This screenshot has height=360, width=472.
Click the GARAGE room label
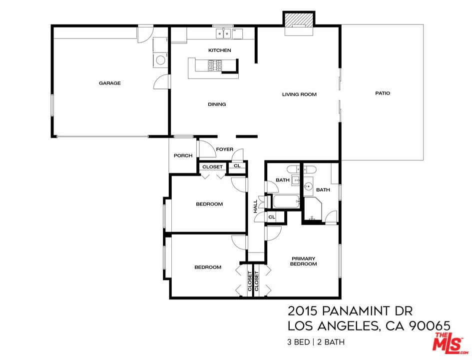pyautogui.click(x=109, y=83)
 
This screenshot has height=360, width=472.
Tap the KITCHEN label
pyautogui.click(x=219, y=50)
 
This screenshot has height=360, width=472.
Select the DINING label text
pyautogui.click(x=217, y=104)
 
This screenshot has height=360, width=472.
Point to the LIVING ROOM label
pyautogui.click(x=299, y=94)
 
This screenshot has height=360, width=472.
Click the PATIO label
pyautogui.click(x=383, y=93)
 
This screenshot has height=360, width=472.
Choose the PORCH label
pyautogui.click(x=183, y=156)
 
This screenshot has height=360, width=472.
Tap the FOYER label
pyautogui.click(x=224, y=149)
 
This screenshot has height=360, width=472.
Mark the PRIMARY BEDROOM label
pyautogui.click(x=304, y=261)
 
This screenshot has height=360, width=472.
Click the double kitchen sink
pyautogui.click(x=223, y=33)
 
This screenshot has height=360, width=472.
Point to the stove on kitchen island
pyautogui.click(x=214, y=65)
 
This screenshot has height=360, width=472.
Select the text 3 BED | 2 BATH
pyautogui.click(x=315, y=342)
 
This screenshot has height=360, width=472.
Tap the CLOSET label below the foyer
pyautogui.click(x=212, y=167)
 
